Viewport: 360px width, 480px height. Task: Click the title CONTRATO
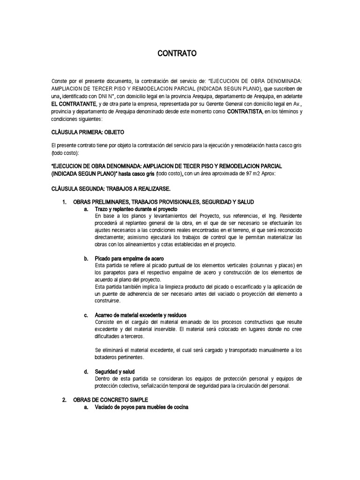(177, 54)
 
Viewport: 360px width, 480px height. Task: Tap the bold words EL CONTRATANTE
(74, 103)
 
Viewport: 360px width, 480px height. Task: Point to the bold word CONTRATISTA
(244, 112)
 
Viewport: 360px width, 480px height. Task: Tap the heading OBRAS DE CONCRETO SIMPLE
(111, 400)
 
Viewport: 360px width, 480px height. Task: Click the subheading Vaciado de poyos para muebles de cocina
(141, 407)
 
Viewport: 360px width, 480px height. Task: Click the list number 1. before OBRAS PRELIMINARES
(65, 202)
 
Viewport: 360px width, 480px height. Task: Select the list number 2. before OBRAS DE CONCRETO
(65, 400)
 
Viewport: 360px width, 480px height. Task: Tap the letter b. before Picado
(86, 258)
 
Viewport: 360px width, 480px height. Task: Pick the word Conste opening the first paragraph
(60, 81)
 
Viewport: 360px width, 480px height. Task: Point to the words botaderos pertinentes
(120, 357)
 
